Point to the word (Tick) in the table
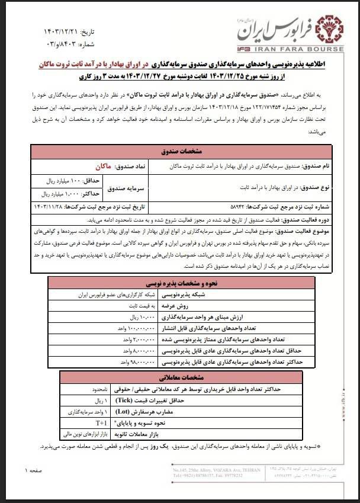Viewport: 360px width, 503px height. (149, 400)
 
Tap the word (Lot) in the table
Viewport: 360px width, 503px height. (152, 411)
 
